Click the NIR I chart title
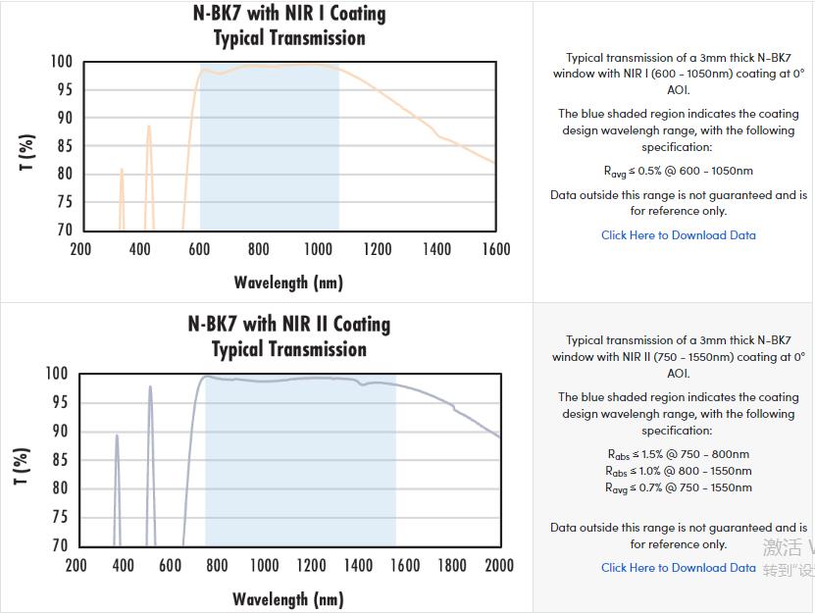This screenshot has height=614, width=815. point(289,26)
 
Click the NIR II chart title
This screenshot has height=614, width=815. point(289,336)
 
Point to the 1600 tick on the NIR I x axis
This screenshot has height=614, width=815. point(495,249)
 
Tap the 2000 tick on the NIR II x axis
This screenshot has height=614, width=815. point(499,565)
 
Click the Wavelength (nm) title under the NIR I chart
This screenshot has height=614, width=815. point(288,282)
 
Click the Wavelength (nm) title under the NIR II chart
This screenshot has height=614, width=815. point(288,598)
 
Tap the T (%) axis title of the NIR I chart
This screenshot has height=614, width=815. point(27,152)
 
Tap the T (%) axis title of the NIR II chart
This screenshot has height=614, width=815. point(23,466)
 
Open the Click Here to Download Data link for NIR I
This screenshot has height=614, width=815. point(679,235)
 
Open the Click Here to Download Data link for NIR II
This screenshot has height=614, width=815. point(679,568)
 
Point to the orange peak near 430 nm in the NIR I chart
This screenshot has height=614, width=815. point(149,128)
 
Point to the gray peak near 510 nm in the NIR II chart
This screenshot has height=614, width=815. point(150,388)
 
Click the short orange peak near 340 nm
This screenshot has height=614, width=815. point(122,171)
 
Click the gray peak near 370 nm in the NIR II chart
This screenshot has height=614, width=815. point(117,437)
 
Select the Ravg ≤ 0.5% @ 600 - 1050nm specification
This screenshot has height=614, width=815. point(679,172)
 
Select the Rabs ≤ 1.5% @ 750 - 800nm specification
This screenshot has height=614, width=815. point(679,454)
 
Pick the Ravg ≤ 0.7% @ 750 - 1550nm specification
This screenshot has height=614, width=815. point(679,487)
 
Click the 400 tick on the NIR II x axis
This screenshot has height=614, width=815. point(123,565)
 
